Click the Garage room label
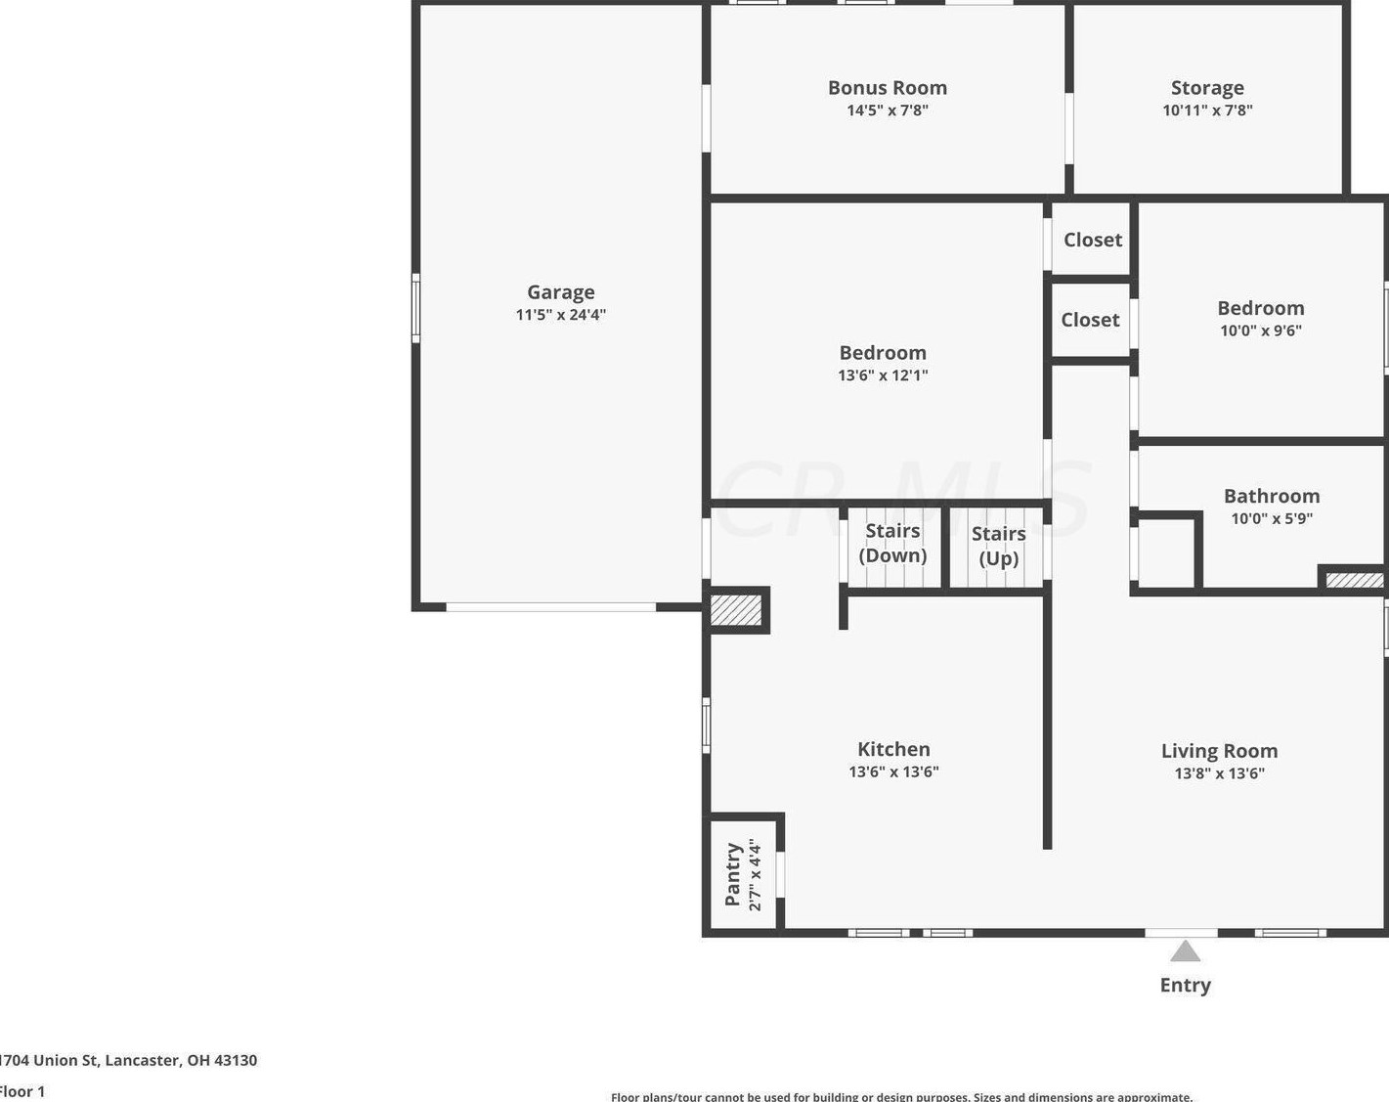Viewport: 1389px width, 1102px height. [x=561, y=293]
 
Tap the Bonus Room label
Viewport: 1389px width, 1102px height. [x=888, y=88]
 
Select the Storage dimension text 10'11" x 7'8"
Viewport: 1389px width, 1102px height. [x=1207, y=110]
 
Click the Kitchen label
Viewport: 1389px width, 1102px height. [x=894, y=749]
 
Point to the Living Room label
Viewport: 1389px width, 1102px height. [x=1219, y=751]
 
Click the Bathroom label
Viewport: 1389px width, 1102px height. [x=1272, y=496]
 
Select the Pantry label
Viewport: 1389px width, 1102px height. [x=732, y=874]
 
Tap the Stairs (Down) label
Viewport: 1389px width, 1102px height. [x=892, y=543]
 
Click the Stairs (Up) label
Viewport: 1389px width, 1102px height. [x=999, y=547]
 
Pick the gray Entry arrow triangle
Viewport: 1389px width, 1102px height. [x=1185, y=951]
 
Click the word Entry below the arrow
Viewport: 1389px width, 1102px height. [x=1185, y=985]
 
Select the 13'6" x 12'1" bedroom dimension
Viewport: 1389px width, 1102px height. [x=883, y=375]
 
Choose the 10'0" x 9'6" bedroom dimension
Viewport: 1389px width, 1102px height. [x=1261, y=331]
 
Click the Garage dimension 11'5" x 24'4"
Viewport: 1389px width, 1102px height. [x=561, y=315]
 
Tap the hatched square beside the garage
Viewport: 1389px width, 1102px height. [x=736, y=610]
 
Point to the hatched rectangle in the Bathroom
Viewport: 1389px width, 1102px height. [x=1354, y=580]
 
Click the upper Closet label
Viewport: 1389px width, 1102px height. [x=1093, y=241]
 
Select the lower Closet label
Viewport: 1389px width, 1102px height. [x=1090, y=320]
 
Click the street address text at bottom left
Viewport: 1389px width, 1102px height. [x=128, y=1060]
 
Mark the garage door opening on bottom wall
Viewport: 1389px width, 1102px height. [x=551, y=607]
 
